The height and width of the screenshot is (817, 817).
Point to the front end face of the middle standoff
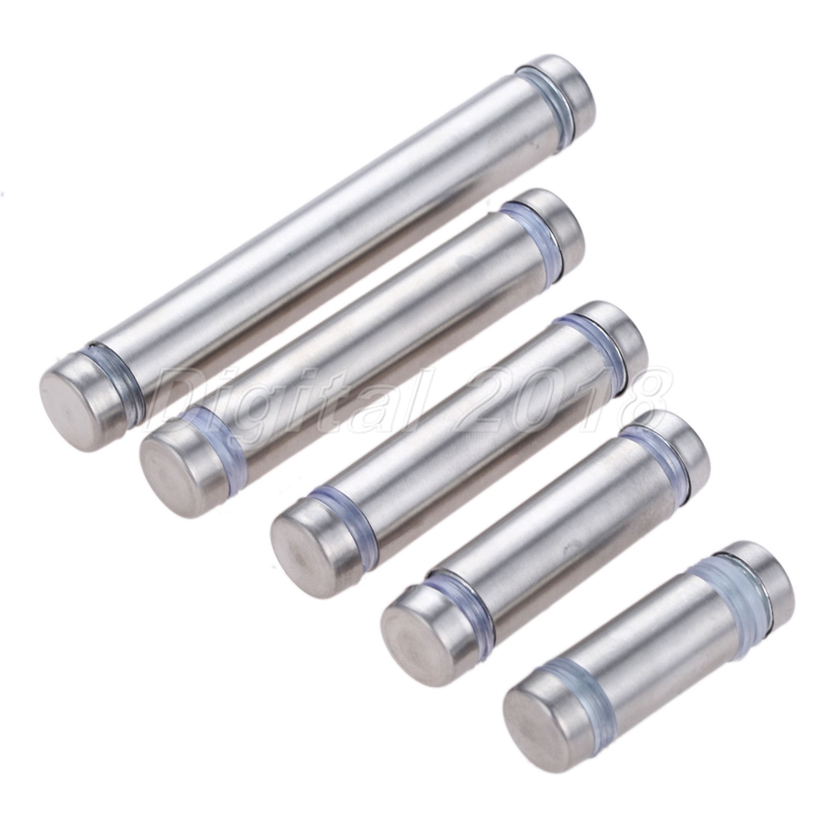(x=301, y=551)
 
